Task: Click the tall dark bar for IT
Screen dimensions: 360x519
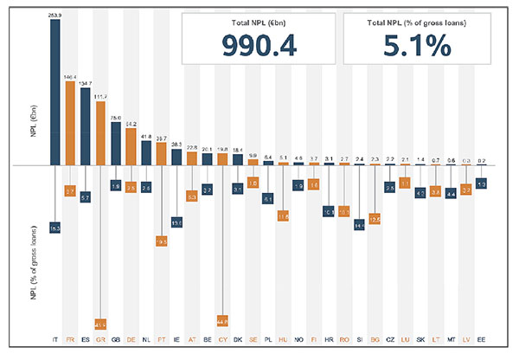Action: click(55, 92)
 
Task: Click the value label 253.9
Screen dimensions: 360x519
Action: click(55, 15)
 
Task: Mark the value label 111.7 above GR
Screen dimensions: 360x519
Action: click(101, 97)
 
